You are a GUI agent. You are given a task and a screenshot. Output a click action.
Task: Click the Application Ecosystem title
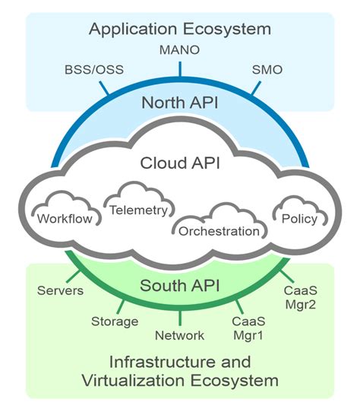179,30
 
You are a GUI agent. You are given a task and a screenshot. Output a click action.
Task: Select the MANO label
179,50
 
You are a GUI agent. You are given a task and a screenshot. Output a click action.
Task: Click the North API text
180,103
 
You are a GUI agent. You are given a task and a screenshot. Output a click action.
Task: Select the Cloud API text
180,163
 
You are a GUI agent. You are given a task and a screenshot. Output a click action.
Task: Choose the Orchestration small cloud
219,227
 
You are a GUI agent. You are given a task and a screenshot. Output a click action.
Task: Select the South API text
180,287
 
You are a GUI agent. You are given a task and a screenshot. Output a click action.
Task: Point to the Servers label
58,291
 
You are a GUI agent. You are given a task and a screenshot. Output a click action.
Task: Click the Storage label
114,321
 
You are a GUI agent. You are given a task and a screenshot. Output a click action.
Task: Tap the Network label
179,334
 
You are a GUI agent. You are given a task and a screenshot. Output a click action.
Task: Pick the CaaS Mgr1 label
247,328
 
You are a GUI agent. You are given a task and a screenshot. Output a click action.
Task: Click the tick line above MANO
180,68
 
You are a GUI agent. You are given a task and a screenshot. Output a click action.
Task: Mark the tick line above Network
180,318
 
